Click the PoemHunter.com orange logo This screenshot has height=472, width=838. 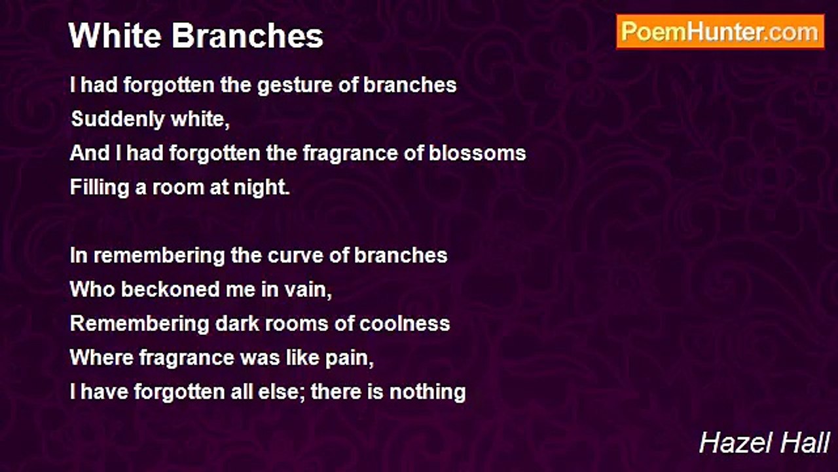pos(720,32)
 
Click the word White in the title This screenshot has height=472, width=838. pos(115,35)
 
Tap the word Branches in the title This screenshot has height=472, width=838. pos(247,35)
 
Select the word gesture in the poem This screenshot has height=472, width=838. pos(295,86)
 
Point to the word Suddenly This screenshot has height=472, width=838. pos(118,120)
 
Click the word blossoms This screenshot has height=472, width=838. pos(477,153)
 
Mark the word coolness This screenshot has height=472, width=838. pos(405,324)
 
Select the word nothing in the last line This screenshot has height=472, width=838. pos(428,393)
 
